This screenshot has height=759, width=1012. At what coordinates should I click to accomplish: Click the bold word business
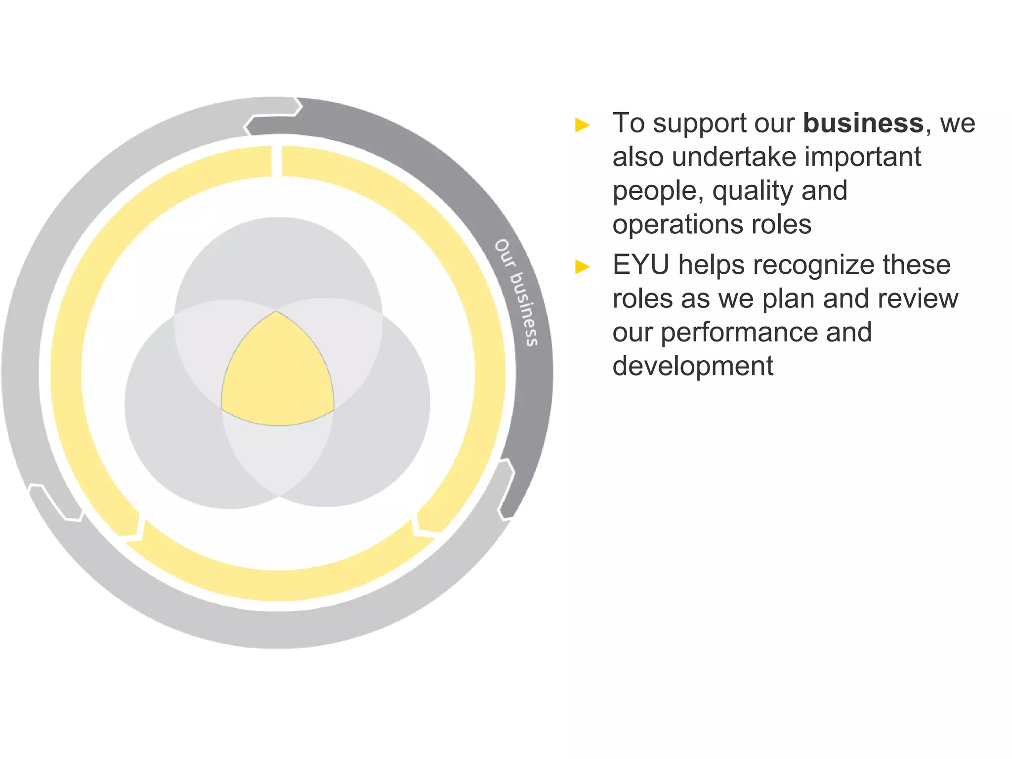coord(863,123)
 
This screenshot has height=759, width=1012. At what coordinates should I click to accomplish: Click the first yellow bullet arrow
coord(583,125)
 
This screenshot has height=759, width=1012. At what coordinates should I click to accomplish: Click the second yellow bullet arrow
coord(583,267)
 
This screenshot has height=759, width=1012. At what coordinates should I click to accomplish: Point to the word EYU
coord(641,265)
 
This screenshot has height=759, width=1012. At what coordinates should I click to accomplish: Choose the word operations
coord(678,224)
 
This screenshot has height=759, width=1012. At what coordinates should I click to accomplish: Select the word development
coord(693,366)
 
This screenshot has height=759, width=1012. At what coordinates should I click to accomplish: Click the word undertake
coord(734,157)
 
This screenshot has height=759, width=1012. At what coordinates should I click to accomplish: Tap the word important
coord(863,157)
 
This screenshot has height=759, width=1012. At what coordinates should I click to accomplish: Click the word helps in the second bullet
coord(712,265)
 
